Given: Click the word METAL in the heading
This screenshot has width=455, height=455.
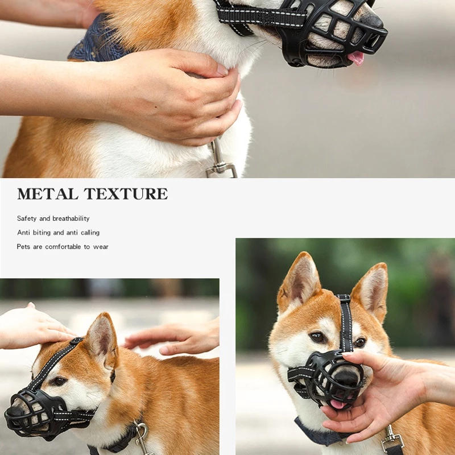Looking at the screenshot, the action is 48,194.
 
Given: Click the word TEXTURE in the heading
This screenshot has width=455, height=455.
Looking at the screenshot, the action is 126,194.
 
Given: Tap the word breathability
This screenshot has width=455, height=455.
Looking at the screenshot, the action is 71,218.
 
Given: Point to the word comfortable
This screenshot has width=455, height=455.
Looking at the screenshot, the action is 63,247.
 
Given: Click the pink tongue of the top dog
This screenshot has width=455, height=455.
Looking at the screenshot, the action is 357,58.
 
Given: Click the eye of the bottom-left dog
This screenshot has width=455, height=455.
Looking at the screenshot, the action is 60,380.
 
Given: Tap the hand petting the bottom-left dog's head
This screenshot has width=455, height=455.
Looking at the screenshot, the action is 32,326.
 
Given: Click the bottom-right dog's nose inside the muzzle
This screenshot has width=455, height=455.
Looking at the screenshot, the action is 347,377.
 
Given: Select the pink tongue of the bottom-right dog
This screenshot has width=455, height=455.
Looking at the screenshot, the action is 338,404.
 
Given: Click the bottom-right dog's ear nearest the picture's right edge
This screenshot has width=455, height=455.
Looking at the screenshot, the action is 373,290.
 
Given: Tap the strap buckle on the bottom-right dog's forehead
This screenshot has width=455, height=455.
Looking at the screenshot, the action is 344,298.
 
